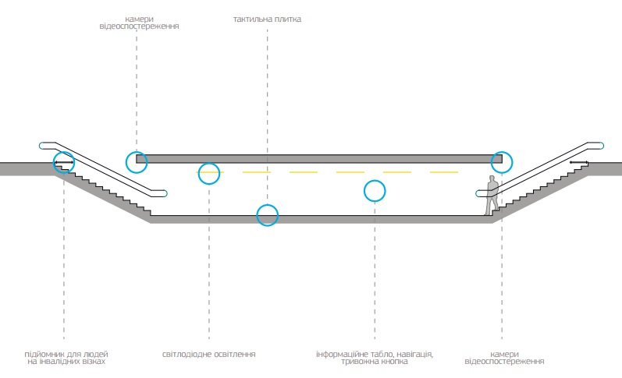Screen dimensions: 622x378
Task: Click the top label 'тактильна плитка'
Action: [267, 19]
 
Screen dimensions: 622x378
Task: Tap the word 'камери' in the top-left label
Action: [139, 19]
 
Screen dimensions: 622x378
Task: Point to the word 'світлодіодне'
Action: [185, 354]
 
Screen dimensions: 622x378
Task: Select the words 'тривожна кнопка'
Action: [374, 362]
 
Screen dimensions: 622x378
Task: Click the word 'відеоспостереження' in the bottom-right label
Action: [504, 362]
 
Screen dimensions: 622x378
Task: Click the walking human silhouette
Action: [492, 195]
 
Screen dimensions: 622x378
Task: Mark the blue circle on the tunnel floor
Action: [268, 215]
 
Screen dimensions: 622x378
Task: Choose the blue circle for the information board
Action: [375, 191]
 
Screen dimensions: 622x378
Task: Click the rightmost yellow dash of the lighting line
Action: [444, 172]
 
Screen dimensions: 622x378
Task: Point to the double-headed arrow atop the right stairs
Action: [579, 162]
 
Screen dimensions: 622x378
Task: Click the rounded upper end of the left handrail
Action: [43, 146]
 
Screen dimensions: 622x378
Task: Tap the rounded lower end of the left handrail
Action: [163, 193]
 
